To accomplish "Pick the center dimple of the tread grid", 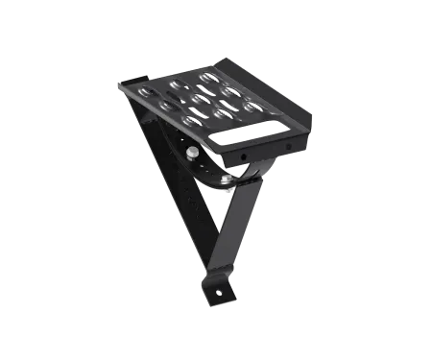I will pos(201,99).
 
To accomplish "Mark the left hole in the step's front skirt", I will pos(244,154).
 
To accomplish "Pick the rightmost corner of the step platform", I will pos(312,113).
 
